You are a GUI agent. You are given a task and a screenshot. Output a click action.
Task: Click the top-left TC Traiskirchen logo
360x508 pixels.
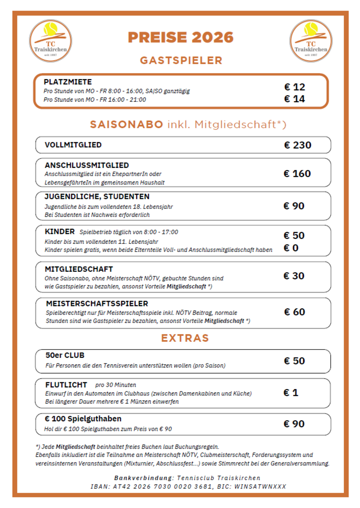click(x=50, y=41)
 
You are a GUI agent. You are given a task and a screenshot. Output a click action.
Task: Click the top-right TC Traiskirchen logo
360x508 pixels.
click(x=311, y=41)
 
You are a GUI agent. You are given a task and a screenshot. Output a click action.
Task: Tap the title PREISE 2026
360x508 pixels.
click(x=181, y=37)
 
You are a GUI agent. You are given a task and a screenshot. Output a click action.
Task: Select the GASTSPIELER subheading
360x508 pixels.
click(x=181, y=61)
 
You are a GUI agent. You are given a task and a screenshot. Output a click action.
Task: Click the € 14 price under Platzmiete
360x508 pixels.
click(x=295, y=99)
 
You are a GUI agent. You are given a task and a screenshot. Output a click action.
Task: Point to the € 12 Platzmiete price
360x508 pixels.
click(x=295, y=87)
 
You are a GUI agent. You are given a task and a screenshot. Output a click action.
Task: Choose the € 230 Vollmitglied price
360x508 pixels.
click(x=298, y=145)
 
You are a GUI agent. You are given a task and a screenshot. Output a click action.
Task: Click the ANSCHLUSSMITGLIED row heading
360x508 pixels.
click(x=87, y=165)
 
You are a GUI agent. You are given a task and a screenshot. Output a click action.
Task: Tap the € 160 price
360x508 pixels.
click(x=297, y=174)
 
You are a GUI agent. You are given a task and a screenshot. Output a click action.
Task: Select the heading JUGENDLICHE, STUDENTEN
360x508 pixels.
click(x=97, y=197)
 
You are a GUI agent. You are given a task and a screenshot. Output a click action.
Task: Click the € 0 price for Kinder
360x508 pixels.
click(x=291, y=247)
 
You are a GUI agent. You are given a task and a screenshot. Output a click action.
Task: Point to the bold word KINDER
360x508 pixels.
click(x=60, y=232)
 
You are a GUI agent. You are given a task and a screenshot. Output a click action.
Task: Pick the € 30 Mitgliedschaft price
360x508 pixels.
click(x=294, y=276)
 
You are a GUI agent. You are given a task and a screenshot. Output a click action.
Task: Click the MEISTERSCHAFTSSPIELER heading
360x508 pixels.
click(x=97, y=304)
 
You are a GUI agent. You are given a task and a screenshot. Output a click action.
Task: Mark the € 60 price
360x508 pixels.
click(x=295, y=312)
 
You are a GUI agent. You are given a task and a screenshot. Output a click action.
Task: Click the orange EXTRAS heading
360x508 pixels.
click(x=185, y=338)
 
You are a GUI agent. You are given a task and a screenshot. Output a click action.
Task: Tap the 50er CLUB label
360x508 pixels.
click(x=65, y=355)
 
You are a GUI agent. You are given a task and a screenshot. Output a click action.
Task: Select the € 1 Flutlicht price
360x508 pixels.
click(x=291, y=393)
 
